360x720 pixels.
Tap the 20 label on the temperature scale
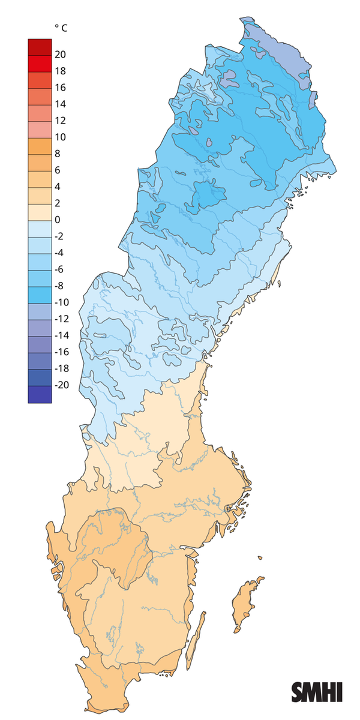pyautogui.click(x=60, y=55)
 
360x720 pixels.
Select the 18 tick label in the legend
pyautogui.click(x=60, y=71)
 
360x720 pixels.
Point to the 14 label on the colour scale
pyautogui.click(x=60, y=104)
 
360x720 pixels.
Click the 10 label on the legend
pyautogui.click(x=60, y=137)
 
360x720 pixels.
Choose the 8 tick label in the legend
pyautogui.click(x=58, y=154)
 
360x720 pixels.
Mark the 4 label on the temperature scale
pyautogui.click(x=58, y=187)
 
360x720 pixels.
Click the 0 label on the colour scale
pyautogui.click(x=58, y=220)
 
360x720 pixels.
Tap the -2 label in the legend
pyautogui.click(x=59, y=236)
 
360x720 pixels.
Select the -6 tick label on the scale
pyautogui.click(x=59, y=269)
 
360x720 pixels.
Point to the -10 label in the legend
pyautogui.click(x=61, y=302)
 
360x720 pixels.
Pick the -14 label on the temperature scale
pyautogui.click(x=61, y=335)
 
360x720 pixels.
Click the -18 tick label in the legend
pyautogui.click(x=61, y=368)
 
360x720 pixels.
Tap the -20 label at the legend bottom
pyautogui.click(x=61, y=385)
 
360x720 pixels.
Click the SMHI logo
pyautogui.click(x=317, y=692)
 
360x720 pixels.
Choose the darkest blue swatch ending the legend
pyautogui.click(x=40, y=394)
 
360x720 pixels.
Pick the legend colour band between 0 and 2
pyautogui.click(x=40, y=212)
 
